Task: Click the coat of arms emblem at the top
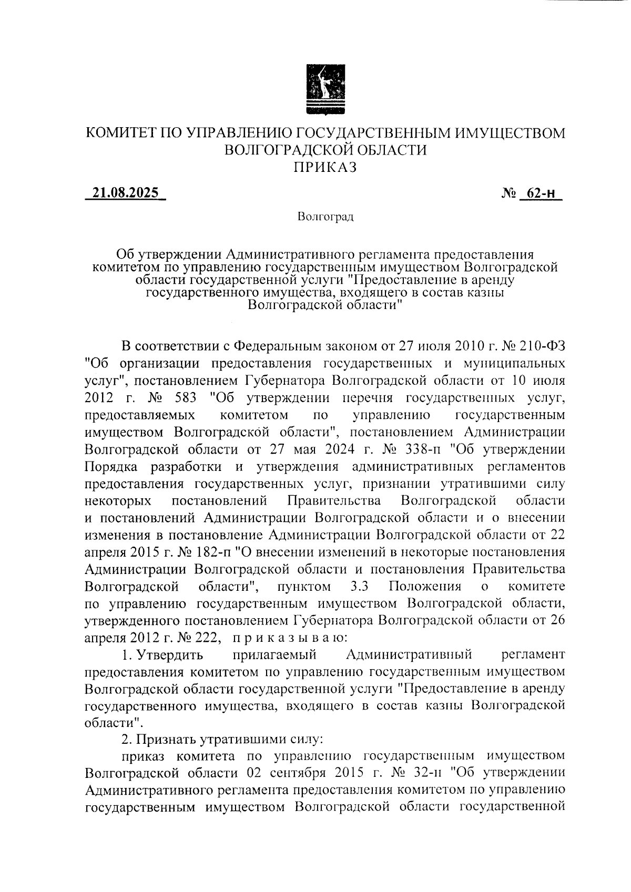pos(326,89)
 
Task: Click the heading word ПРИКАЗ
pos(325,167)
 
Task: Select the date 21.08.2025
pos(125,193)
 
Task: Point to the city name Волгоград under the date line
pos(325,217)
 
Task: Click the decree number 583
pos(180,398)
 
